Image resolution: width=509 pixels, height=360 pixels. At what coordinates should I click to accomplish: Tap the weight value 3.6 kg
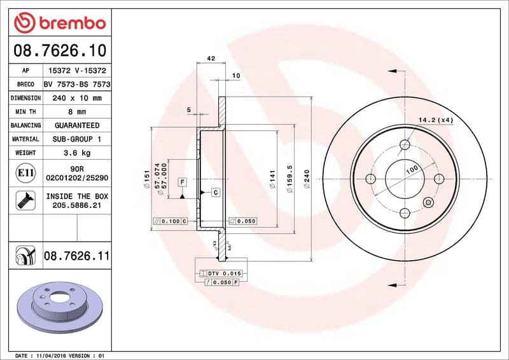(x=76, y=153)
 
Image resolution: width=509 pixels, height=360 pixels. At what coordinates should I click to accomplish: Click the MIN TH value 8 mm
(x=76, y=112)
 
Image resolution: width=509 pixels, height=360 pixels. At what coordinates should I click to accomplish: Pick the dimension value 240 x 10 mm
(x=76, y=98)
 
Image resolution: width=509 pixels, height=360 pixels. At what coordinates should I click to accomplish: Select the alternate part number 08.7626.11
(x=76, y=256)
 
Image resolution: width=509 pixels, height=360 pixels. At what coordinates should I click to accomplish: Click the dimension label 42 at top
(x=211, y=59)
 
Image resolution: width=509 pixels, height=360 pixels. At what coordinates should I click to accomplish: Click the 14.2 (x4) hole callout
(x=436, y=120)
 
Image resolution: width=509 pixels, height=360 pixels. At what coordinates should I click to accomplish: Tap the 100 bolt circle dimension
(x=411, y=170)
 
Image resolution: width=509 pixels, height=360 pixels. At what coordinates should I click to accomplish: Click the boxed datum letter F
(x=182, y=182)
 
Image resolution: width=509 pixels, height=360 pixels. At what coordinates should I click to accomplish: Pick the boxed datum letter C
(x=215, y=192)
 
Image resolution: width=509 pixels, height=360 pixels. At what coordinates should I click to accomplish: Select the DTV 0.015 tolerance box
(x=220, y=272)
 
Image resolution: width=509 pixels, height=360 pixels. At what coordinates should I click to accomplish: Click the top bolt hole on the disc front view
(x=405, y=144)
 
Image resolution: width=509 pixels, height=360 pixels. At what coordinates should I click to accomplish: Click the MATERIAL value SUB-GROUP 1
(x=76, y=139)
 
